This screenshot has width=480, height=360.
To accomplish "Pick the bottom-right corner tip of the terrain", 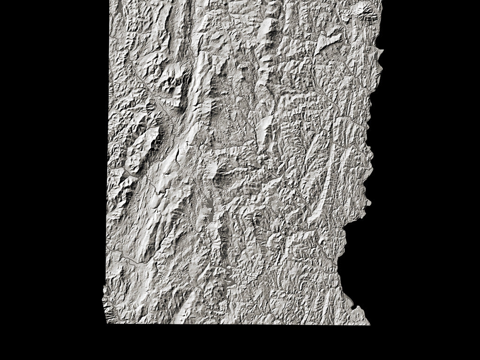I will tap(369, 323).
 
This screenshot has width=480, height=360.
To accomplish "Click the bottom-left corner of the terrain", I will tap(107, 323).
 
